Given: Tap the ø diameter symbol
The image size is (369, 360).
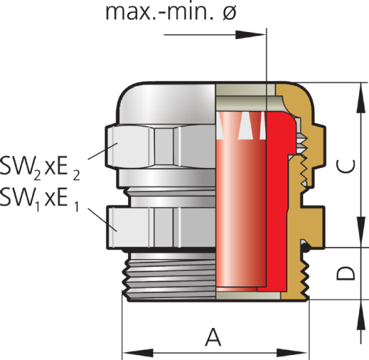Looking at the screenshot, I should click(x=228, y=12).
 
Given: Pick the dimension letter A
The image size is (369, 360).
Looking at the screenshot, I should click(x=212, y=337).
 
